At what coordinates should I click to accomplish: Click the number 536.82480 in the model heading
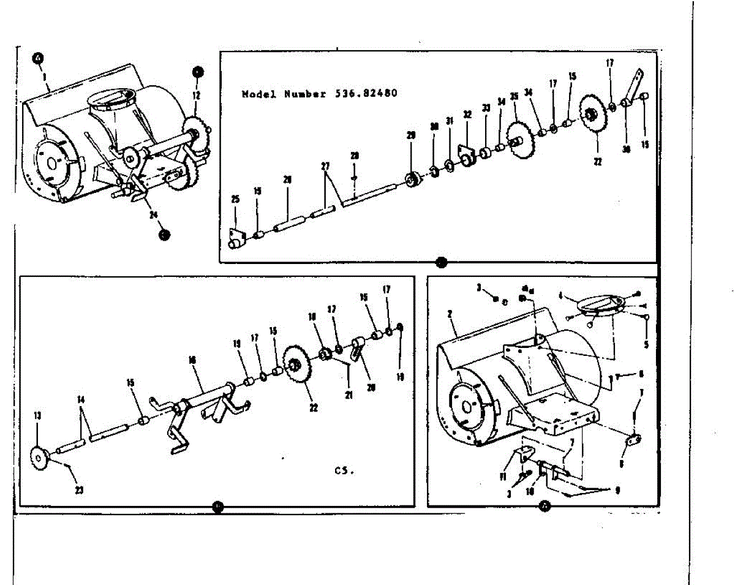pyautogui.click(x=366, y=94)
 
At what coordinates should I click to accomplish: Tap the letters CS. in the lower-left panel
pyautogui.click(x=344, y=470)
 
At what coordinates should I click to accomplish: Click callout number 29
pyautogui.click(x=411, y=135)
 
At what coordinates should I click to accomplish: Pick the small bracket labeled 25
pyautogui.click(x=236, y=238)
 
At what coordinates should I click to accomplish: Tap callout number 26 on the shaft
pyautogui.click(x=287, y=179)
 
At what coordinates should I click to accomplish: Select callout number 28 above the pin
pyautogui.click(x=355, y=157)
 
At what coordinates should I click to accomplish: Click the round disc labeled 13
pyautogui.click(x=40, y=456)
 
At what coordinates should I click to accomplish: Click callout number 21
pyautogui.click(x=349, y=396)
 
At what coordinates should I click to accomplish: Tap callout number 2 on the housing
pyautogui.click(x=450, y=315)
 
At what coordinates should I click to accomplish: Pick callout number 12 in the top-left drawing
pyautogui.click(x=197, y=96)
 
